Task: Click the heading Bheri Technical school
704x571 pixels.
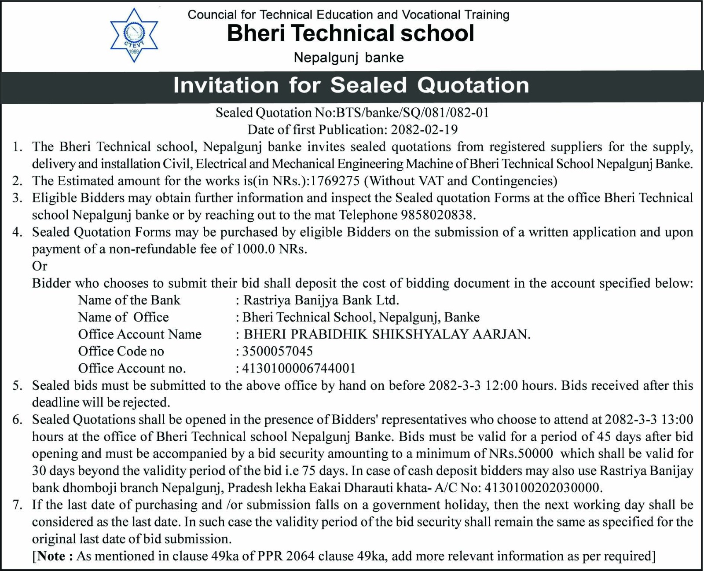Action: coord(351,33)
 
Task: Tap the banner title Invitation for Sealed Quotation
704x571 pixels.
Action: coord(351,85)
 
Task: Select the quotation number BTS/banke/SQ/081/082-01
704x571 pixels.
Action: coord(413,113)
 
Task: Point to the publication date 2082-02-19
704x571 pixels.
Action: coord(424,130)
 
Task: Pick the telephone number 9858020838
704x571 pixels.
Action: coord(438,215)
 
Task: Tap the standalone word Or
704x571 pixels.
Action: coord(40,266)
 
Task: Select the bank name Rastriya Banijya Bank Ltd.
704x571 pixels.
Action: coord(321,300)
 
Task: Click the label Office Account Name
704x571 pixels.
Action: coord(139,334)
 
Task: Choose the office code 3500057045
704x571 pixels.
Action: coord(277,351)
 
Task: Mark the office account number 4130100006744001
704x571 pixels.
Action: coord(299,368)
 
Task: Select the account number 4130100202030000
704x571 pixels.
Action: coord(542,488)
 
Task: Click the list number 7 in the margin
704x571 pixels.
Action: coord(17,505)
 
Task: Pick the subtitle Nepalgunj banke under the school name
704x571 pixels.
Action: coord(348,58)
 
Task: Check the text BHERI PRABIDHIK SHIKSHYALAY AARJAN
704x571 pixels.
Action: coord(387,334)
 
